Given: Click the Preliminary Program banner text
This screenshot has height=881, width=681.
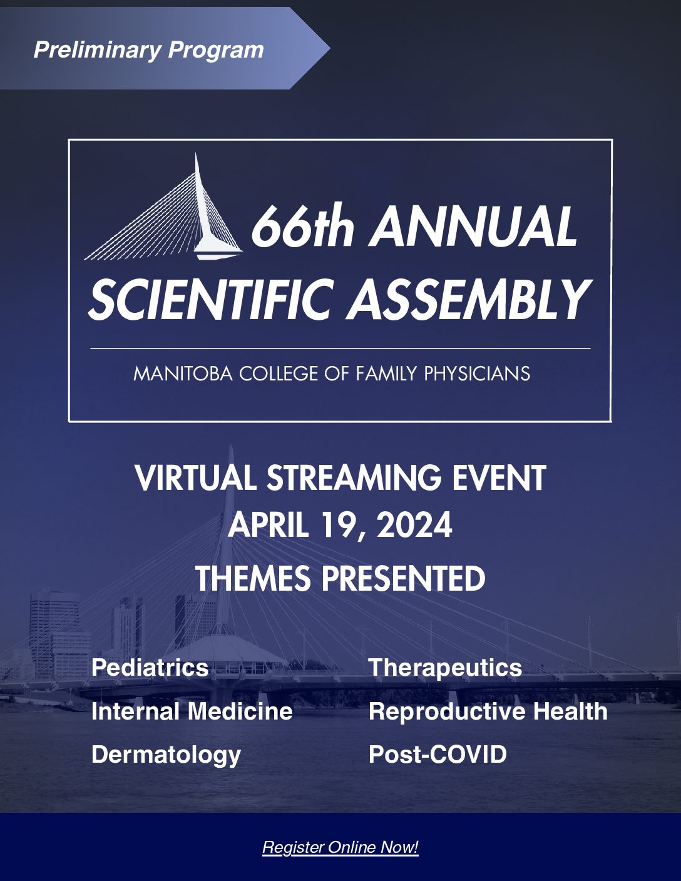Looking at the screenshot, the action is click(x=148, y=50).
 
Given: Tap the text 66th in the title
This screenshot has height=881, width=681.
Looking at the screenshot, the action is click(x=302, y=227).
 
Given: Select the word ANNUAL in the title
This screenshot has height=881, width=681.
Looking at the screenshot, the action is click(x=473, y=227).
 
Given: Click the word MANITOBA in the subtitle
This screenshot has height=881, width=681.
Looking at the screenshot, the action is click(x=183, y=374).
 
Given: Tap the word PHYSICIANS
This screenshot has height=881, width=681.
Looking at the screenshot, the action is click(x=477, y=374).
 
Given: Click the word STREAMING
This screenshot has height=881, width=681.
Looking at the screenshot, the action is click(x=354, y=478).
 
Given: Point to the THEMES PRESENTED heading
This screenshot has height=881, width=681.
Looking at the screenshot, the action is click(x=340, y=578).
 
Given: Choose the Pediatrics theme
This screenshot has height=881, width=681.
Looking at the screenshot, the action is click(x=150, y=668).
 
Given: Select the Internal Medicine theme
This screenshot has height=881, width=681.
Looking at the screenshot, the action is click(x=192, y=711).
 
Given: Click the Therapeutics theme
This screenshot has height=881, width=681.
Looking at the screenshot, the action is click(x=446, y=668).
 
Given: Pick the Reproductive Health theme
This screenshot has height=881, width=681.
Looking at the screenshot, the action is click(x=488, y=711).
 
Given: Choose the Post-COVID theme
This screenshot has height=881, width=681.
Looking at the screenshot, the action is click(x=438, y=755).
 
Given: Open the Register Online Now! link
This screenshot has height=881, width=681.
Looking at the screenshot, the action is click(x=340, y=847).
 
